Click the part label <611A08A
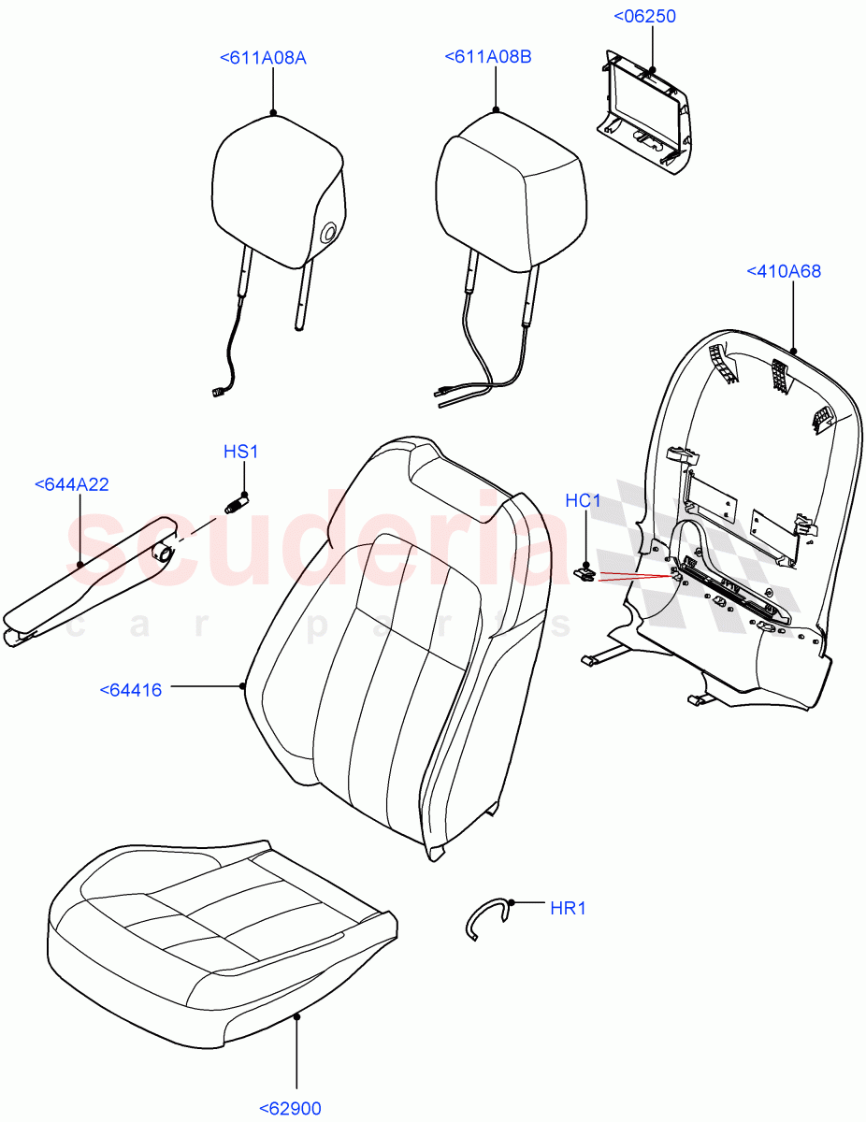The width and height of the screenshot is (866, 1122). pos(263,58)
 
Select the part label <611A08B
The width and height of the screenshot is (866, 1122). pos(488,58)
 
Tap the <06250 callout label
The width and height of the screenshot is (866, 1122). pos(644,17)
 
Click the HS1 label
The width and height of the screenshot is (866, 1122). pos(240,453)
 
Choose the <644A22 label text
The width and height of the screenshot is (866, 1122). pos(71,484)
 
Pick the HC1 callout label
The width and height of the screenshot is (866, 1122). pos(583,502)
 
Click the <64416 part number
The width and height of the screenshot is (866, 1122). pos(130,691)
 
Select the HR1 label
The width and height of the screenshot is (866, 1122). pos(568,908)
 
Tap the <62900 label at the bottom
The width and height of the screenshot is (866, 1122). pos(290,1109)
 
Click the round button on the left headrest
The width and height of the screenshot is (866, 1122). pos(330,233)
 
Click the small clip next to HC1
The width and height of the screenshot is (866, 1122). pos(585,572)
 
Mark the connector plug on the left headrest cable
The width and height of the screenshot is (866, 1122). pos(220,394)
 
